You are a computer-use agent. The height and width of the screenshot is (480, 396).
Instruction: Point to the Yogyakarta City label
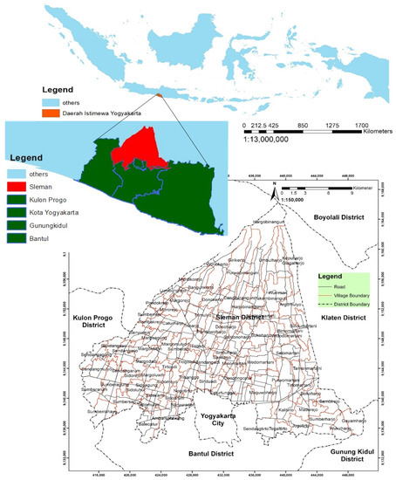click(x=221, y=421)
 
